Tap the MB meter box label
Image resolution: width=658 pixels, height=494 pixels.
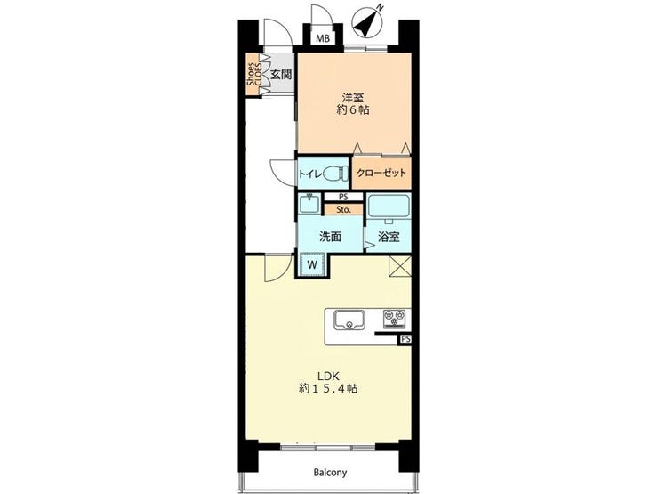323,39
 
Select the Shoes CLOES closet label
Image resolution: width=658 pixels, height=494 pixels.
254,75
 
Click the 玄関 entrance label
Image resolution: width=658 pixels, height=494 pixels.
281,75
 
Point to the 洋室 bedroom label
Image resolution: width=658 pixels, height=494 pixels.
352,97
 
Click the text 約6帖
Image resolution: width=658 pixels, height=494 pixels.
352,110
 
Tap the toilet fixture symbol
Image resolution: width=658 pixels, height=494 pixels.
335,173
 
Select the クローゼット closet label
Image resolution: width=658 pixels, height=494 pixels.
381,173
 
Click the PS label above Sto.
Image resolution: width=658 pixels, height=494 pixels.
343,197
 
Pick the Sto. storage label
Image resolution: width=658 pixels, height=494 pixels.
344,209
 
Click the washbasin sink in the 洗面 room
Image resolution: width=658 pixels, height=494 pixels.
310,204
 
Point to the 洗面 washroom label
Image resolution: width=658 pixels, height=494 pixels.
330,237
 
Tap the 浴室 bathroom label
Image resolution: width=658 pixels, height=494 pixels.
389,237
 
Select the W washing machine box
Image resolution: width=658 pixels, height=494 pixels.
312,264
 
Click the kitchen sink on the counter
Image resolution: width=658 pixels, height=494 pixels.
349,320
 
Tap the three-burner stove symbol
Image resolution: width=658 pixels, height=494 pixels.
395,319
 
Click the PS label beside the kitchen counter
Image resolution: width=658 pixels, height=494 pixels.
405,339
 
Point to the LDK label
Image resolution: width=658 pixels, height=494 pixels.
328,376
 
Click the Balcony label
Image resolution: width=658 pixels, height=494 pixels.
330,473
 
